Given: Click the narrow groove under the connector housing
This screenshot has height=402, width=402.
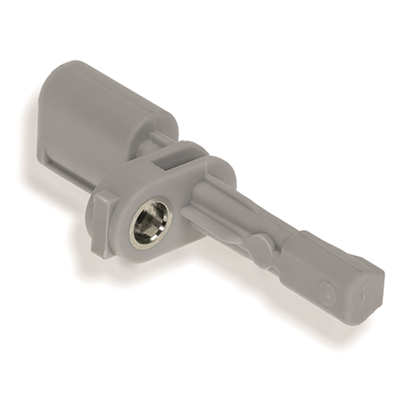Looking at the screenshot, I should (70, 172).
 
